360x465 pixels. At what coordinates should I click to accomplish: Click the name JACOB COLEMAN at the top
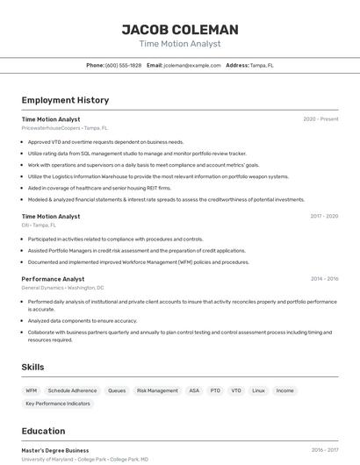(x=179, y=30)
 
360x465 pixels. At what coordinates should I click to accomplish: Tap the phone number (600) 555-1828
(x=123, y=65)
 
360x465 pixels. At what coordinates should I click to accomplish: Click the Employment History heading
(x=65, y=100)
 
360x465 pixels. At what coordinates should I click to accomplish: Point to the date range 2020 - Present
(x=320, y=119)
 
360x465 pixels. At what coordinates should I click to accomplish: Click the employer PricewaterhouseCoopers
(x=51, y=127)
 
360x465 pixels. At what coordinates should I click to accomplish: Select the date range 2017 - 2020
(x=324, y=216)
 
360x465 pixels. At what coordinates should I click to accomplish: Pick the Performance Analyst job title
(x=53, y=279)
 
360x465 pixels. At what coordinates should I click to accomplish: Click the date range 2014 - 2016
(x=324, y=279)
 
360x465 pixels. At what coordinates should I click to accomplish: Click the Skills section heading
(x=33, y=367)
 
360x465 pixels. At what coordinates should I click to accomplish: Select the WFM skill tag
(x=32, y=390)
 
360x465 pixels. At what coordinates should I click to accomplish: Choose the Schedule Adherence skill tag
(x=72, y=390)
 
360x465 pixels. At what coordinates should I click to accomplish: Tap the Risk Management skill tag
(x=157, y=390)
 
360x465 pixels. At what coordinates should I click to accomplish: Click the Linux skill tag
(x=258, y=390)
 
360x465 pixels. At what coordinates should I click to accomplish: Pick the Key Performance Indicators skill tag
(x=58, y=404)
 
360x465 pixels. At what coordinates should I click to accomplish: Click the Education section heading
(x=43, y=431)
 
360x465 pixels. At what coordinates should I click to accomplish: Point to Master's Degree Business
(x=55, y=450)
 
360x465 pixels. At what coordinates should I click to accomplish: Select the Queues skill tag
(x=116, y=390)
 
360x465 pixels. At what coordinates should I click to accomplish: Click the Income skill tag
(x=285, y=390)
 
